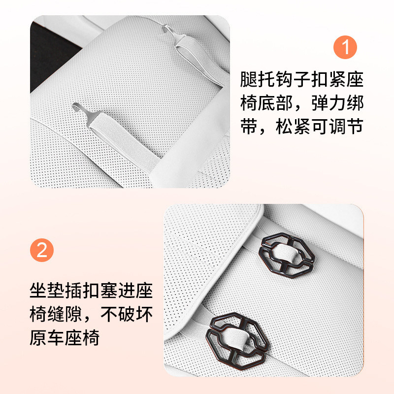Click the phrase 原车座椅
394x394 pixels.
point(65,338)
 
